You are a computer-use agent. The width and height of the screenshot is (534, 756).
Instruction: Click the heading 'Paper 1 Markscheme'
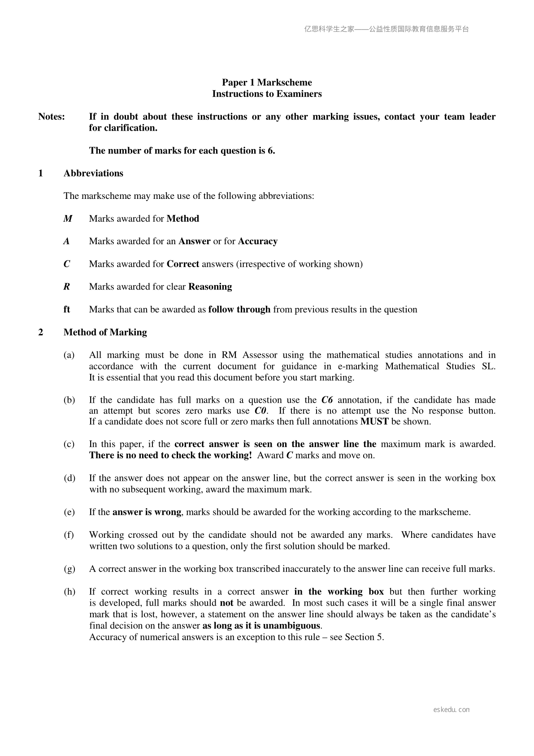coord(267,83)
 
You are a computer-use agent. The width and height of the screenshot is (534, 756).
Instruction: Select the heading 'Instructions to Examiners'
coord(267,94)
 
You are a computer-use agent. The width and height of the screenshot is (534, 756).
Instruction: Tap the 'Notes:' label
coord(52,117)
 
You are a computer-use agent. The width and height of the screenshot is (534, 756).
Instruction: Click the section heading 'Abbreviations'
coord(93,173)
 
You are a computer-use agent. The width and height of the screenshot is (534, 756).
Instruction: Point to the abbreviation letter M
coord(68,219)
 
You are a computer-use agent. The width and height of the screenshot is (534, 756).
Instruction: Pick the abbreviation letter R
coord(67,287)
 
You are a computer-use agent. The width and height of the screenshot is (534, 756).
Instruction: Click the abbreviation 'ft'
coord(67,310)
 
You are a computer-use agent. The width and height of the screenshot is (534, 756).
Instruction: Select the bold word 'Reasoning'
coord(210,287)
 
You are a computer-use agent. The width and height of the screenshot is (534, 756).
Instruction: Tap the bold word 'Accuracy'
coord(257,242)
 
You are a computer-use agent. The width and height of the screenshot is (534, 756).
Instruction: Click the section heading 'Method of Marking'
coord(105,333)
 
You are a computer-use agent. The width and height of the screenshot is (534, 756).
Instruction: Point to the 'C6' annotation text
coord(327,400)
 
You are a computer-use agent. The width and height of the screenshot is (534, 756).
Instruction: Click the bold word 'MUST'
coord(374,422)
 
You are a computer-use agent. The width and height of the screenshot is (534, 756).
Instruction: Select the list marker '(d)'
coord(69,478)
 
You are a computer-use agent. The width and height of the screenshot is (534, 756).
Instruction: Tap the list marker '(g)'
coord(69,569)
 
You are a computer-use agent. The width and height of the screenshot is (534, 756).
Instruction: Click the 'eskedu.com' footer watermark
coord(452,710)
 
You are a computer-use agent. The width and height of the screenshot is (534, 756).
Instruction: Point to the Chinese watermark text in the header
coord(386,29)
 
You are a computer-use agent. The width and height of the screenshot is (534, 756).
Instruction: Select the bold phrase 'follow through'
coord(239,310)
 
